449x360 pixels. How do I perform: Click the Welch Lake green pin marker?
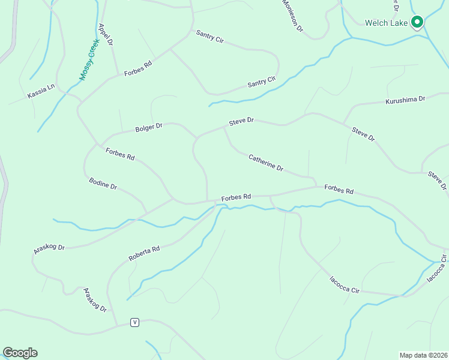(417, 23)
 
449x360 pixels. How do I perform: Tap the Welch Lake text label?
(386, 23)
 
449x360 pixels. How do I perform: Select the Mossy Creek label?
(88, 60)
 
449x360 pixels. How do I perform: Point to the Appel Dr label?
(106, 34)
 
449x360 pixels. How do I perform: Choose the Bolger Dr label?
(149, 127)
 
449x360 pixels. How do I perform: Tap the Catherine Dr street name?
(266, 162)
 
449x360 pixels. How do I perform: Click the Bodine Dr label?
(103, 184)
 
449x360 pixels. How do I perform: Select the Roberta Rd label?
(144, 253)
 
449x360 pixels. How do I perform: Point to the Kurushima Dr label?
(405, 100)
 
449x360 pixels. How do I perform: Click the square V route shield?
(135, 322)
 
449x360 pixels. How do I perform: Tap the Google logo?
(20, 353)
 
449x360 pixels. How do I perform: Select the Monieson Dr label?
(292, 16)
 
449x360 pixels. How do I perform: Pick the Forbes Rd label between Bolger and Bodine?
(120, 154)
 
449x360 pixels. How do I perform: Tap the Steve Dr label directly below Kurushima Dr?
(363, 133)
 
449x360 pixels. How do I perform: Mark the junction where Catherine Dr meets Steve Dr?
(224, 127)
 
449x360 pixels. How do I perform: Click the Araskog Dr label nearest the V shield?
(95, 299)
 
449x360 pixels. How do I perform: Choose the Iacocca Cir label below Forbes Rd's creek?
(345, 284)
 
